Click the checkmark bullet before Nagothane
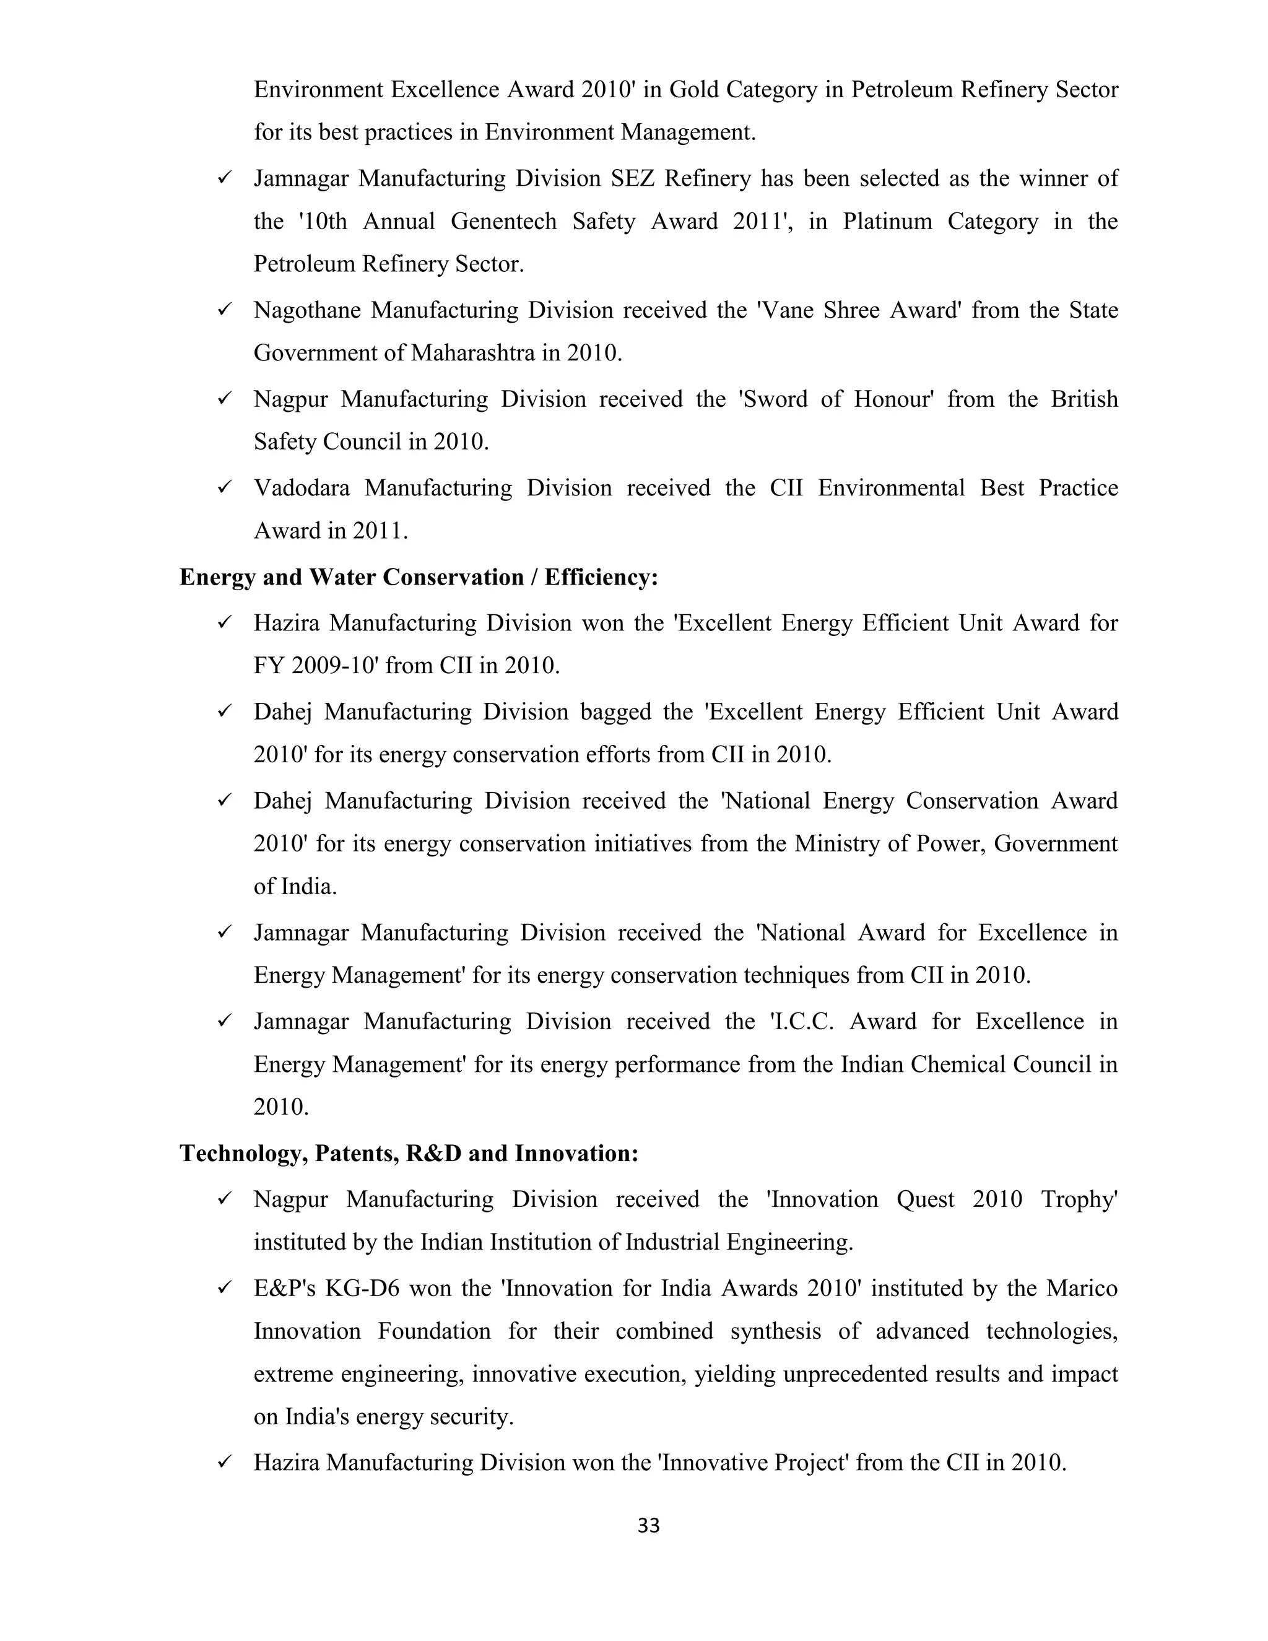click(x=224, y=310)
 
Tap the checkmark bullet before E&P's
click(x=224, y=1288)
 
